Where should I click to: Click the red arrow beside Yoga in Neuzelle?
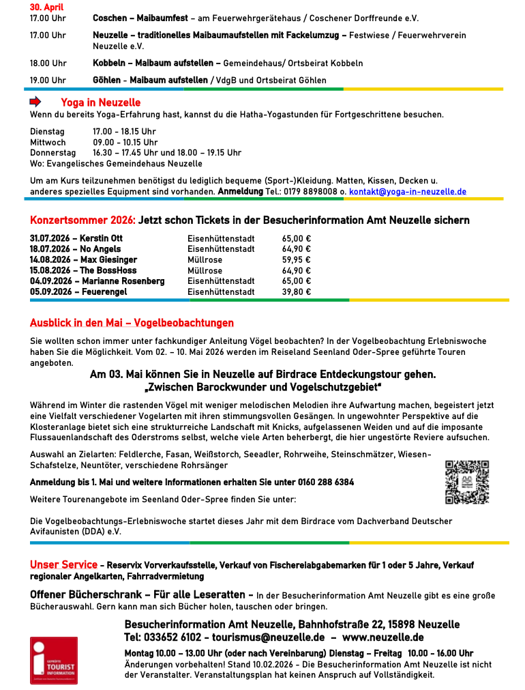(35, 102)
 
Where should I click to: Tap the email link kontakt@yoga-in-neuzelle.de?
(407, 192)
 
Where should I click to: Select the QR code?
(467, 483)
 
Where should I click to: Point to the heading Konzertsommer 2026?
(82, 220)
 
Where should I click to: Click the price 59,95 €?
(296, 260)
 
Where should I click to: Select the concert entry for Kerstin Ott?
(76, 239)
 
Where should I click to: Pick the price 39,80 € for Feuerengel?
(296, 292)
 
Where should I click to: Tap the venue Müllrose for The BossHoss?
(205, 271)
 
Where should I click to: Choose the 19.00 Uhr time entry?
(48, 81)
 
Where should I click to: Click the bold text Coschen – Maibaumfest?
(140, 18)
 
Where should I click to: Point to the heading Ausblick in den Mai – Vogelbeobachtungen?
(132, 323)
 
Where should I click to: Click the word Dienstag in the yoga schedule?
(47, 132)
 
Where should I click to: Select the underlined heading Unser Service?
(63, 565)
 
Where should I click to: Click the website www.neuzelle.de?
(382, 637)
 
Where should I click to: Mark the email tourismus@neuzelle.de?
(269, 637)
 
